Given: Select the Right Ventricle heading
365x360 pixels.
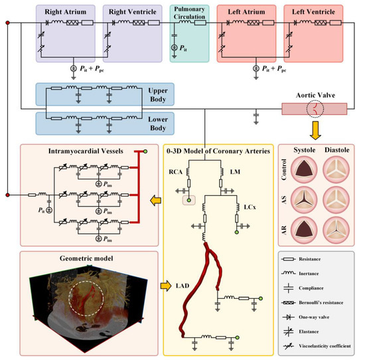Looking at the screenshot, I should click(x=132, y=12).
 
